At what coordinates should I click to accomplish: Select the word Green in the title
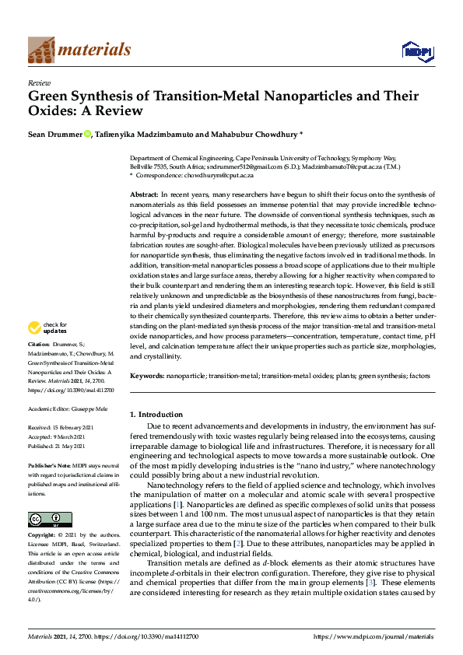[x=45, y=97]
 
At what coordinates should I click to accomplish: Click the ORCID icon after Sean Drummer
[x=88, y=135]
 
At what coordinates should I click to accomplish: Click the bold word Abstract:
[x=145, y=192]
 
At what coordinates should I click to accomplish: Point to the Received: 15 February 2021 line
[x=61, y=427]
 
